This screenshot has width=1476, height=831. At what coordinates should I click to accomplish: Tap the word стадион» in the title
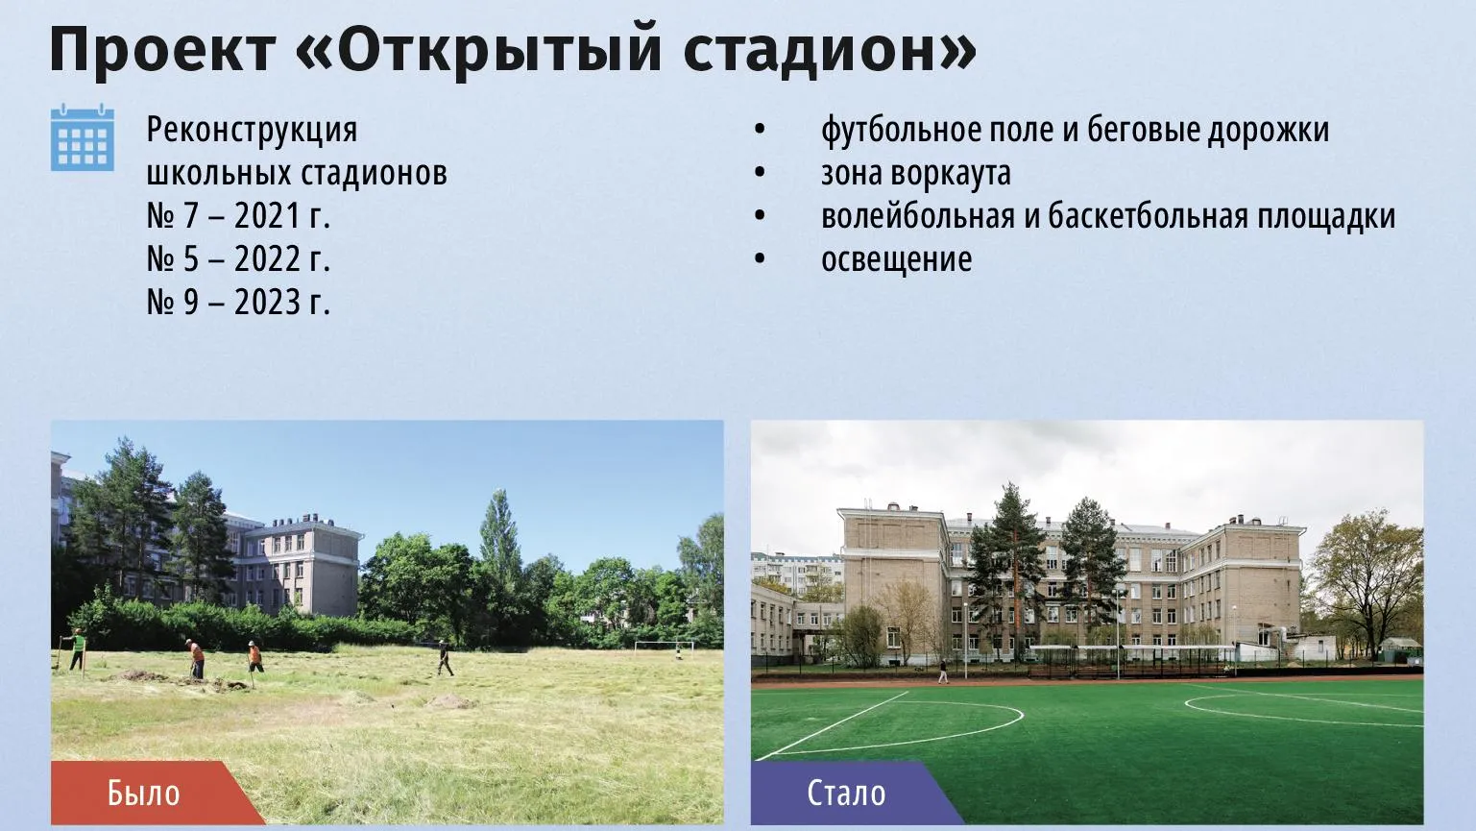point(830,50)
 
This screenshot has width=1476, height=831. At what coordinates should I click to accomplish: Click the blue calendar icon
point(83,137)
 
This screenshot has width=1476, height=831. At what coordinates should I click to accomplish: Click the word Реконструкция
point(252,131)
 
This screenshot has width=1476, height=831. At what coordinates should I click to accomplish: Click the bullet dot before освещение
point(760,259)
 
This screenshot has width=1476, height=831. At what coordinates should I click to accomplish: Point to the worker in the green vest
point(77,649)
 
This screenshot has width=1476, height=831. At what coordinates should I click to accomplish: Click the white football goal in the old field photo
point(665,648)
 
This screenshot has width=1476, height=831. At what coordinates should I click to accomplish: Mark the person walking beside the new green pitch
point(944,672)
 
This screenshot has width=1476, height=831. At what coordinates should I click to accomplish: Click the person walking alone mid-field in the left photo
point(446,658)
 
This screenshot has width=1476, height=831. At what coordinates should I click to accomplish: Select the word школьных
point(219,174)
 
